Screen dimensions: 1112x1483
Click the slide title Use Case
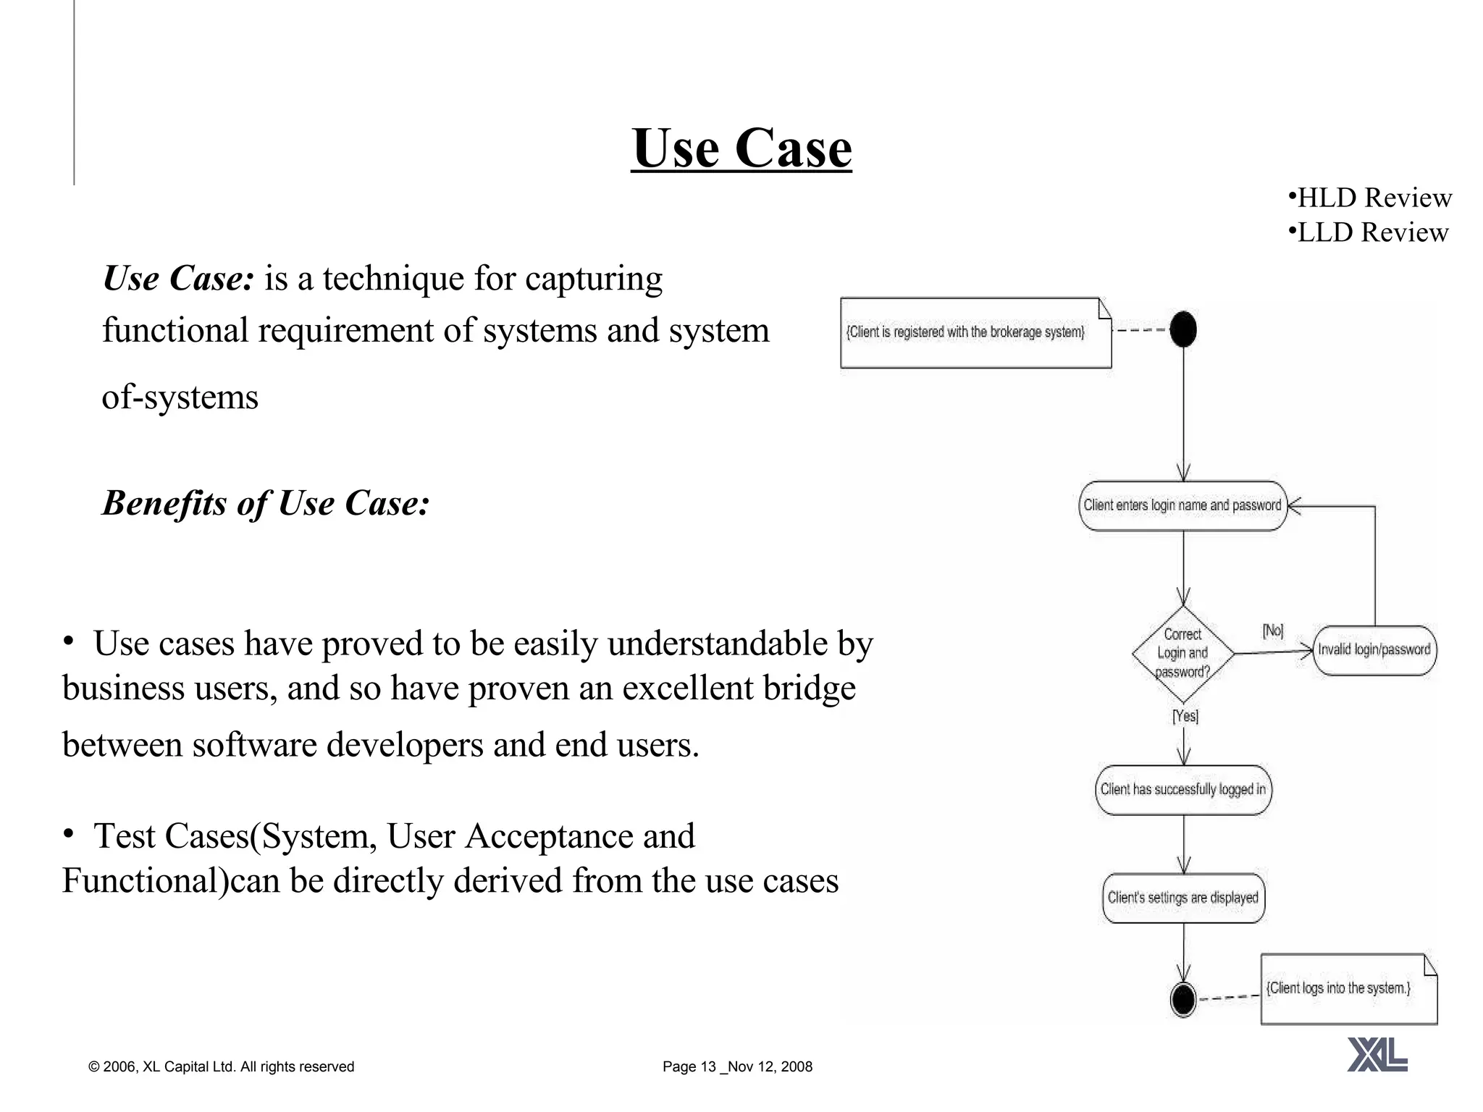pos(741,148)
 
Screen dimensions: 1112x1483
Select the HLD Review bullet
pos(1370,198)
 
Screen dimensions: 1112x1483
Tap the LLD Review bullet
pos(1369,232)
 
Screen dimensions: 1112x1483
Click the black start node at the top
pos(1183,329)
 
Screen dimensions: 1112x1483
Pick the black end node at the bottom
pos(1183,1000)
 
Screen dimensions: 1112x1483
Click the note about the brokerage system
pos(975,332)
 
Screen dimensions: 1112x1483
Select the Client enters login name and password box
pos(1182,505)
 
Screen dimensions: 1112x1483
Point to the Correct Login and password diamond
pos(1182,653)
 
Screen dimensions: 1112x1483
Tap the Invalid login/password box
pos(1374,650)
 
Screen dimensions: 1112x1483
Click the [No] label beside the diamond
pos(1272,631)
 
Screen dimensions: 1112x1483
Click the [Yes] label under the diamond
pos(1185,716)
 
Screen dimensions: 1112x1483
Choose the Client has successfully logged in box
pos(1182,790)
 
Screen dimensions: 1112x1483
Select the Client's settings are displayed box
pos(1182,898)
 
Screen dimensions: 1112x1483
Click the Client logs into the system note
pos(1348,988)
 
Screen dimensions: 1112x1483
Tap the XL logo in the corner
pos(1377,1054)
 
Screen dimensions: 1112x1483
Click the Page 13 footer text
pos(737,1066)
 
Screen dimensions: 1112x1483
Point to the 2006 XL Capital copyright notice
pos(221,1066)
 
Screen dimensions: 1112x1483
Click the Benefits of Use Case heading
pos(266,503)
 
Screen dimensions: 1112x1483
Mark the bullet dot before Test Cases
pos(68,834)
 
